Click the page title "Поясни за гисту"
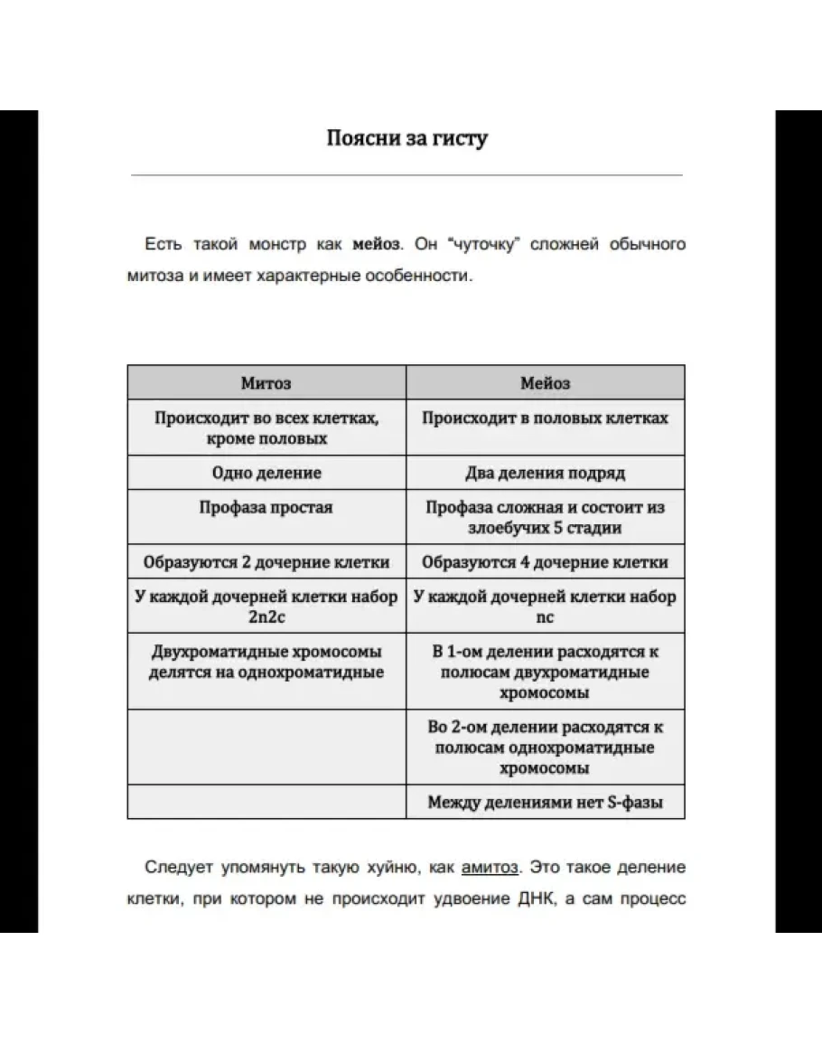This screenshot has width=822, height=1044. (406, 138)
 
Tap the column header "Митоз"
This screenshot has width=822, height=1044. (266, 383)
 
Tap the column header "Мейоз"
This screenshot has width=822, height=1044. (545, 383)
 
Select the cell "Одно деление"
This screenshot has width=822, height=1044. (266, 473)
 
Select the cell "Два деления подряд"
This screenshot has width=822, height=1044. (545, 473)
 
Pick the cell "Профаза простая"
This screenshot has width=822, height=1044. (266, 507)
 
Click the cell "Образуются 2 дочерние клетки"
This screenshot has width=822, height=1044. (266, 561)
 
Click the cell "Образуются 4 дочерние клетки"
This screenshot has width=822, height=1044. (545, 561)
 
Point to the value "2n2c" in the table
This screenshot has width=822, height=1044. (266, 617)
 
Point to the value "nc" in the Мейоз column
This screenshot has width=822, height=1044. (545, 617)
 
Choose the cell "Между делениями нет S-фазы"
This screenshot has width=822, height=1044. (545, 802)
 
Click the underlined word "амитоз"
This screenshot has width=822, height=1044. (490, 868)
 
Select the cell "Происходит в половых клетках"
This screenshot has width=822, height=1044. (545, 419)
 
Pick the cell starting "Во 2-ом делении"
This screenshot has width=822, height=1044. (545, 748)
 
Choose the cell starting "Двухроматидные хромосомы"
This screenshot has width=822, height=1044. (266, 662)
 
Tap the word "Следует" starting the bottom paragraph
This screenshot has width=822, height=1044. (177, 868)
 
